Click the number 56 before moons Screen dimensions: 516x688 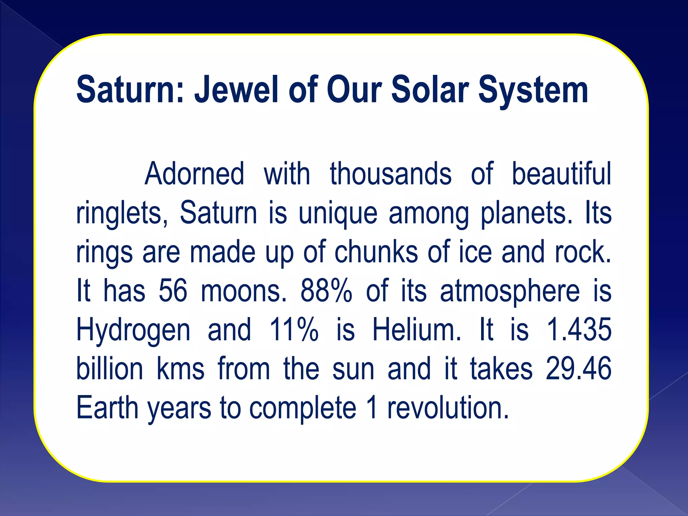point(173,291)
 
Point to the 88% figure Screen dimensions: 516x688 point(326,291)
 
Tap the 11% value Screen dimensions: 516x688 point(294,330)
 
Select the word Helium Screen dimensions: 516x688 point(417,330)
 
